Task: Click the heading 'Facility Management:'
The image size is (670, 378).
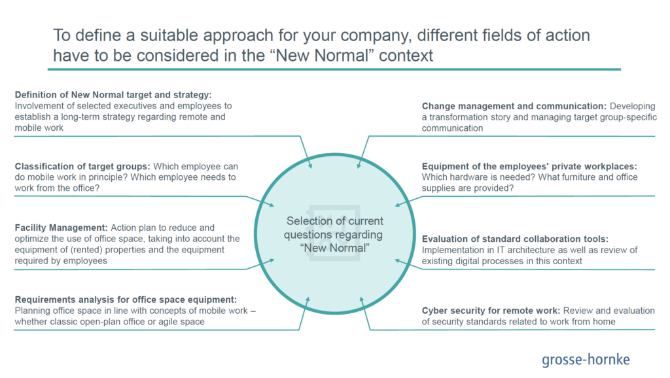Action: coord(62,228)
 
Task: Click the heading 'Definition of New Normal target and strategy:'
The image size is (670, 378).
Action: coord(104,94)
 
